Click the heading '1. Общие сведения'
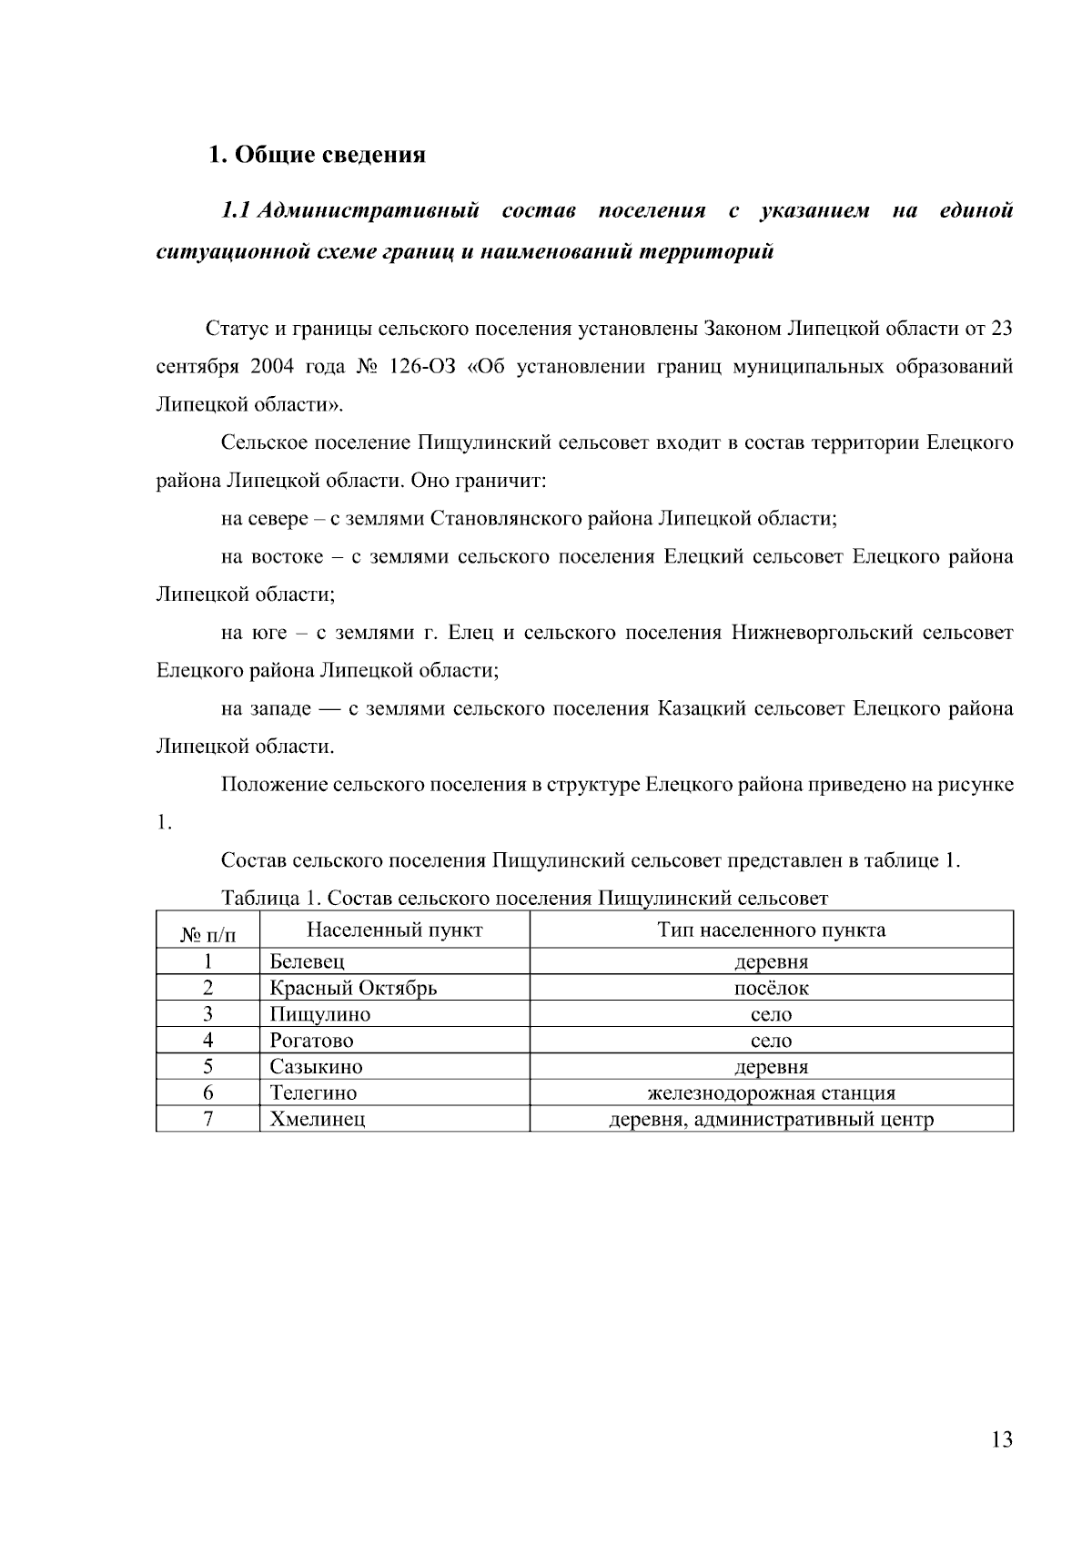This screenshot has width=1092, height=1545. point(318,155)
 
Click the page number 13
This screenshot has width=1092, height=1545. point(1001,1439)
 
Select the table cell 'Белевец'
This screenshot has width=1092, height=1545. point(308,961)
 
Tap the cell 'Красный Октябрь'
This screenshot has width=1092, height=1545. point(353,988)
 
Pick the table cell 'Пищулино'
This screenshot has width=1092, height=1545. point(320,1014)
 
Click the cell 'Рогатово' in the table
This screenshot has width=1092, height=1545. point(312,1041)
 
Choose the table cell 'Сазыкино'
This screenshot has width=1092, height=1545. point(316,1066)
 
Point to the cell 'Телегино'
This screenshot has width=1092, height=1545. point(313,1093)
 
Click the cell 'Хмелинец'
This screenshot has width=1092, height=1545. point(318,1119)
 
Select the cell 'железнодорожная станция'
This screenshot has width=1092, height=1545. point(771,1093)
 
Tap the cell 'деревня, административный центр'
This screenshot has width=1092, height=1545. point(771,1119)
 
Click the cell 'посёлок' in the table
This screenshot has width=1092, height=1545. point(771,988)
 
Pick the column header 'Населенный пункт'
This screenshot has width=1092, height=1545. point(394,930)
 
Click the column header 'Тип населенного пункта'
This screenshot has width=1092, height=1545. point(771,930)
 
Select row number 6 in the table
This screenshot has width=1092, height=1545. point(207,1093)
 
